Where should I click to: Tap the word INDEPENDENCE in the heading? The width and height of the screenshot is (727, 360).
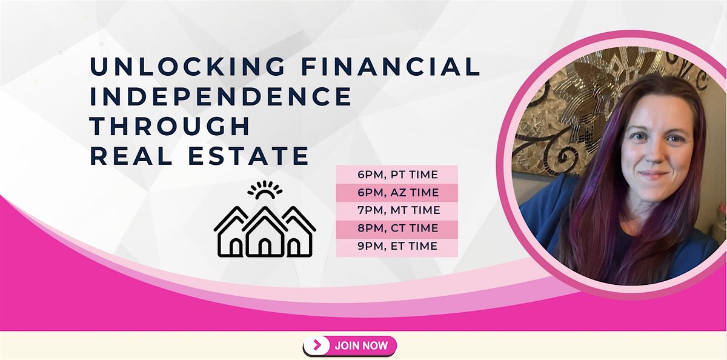[221, 96]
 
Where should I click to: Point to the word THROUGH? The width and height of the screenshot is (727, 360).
[170, 126]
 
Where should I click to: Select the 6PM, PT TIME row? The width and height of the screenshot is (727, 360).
[397, 175]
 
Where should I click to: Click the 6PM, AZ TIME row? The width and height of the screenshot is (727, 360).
[397, 193]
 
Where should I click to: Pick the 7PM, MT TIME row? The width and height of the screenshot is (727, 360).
[397, 211]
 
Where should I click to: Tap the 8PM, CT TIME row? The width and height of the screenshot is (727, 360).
[397, 228]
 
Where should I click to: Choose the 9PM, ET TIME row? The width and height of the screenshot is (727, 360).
[397, 246]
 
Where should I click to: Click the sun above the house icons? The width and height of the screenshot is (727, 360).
[265, 191]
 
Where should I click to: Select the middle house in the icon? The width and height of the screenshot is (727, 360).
[265, 233]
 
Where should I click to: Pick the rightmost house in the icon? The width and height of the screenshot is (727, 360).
[299, 238]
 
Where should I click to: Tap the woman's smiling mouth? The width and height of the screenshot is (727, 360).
[654, 176]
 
